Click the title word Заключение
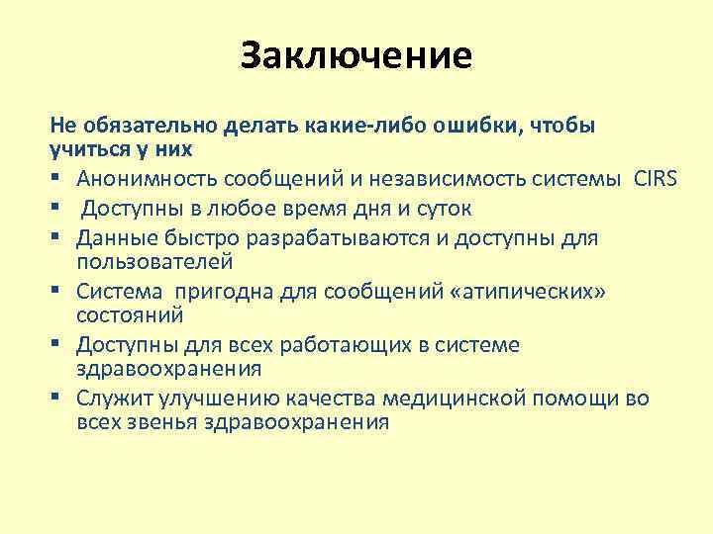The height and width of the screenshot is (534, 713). point(356,55)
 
